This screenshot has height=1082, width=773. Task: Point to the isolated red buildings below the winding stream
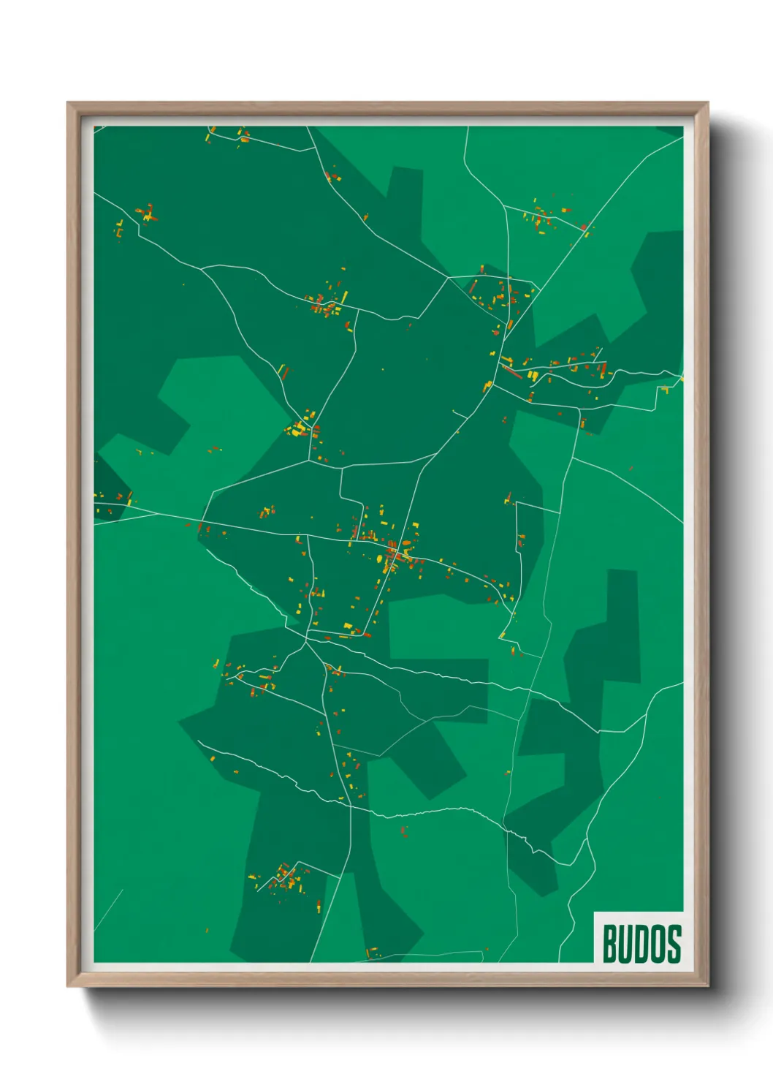point(403,831)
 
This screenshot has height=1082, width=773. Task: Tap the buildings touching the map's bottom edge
point(373,953)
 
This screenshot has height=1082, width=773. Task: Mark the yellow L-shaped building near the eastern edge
point(665,390)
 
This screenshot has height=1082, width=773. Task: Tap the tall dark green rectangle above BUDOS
point(622,625)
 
